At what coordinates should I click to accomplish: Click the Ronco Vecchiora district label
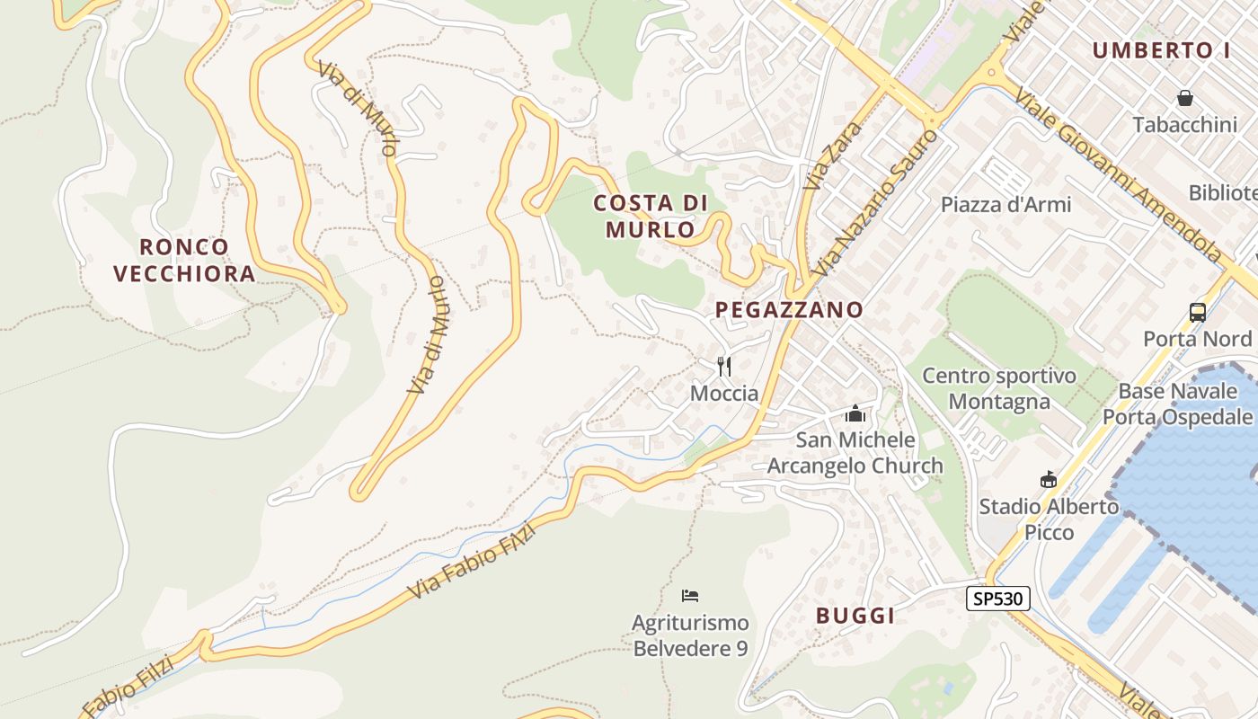pos(184,260)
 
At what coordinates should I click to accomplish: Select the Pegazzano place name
pos(789,310)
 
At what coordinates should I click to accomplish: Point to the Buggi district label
pos(855,616)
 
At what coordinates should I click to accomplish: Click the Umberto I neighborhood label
pos(1161,50)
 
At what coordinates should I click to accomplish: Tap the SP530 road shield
pos(997,599)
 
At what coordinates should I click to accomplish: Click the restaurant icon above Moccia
pos(724,367)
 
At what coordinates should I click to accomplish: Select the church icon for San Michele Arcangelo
pos(855,414)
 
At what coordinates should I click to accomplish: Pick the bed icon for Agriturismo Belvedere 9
pos(690,595)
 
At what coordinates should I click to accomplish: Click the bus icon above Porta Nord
pos(1198,313)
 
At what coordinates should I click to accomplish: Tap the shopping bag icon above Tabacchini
pos(1185,98)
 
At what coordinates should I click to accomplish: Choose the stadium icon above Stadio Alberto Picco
pos(1048,480)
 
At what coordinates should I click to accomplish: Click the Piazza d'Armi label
pos(1006,204)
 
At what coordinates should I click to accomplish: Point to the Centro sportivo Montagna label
pos(999,388)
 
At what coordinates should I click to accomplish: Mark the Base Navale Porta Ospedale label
pos(1177,404)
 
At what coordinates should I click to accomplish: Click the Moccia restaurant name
pos(724,394)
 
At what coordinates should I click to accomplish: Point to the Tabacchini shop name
pos(1185,125)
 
